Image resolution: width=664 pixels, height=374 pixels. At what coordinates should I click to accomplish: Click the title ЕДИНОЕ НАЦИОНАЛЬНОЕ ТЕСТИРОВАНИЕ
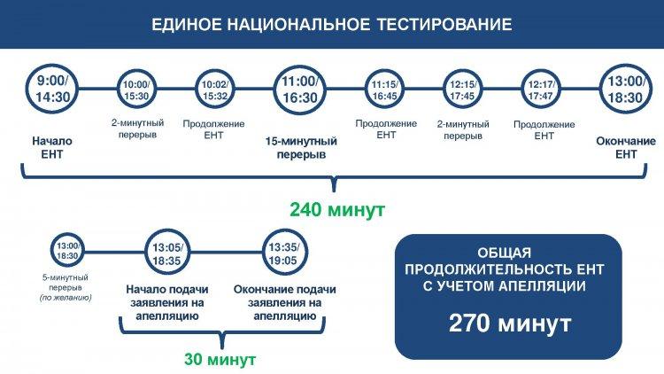point(332,24)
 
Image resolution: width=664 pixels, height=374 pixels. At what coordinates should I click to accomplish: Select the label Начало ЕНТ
point(52,147)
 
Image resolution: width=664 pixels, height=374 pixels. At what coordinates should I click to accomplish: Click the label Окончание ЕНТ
point(625,147)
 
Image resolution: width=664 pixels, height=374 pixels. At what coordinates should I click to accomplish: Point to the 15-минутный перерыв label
point(301,147)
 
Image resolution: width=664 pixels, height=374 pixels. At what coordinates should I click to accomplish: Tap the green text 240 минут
point(337,209)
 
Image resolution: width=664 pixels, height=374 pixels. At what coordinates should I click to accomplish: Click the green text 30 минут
point(220,360)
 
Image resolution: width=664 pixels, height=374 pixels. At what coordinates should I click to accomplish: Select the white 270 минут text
point(510,323)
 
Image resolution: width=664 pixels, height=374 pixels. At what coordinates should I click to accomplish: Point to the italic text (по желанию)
point(66,298)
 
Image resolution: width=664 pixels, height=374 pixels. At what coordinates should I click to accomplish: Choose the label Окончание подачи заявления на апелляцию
point(284,303)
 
